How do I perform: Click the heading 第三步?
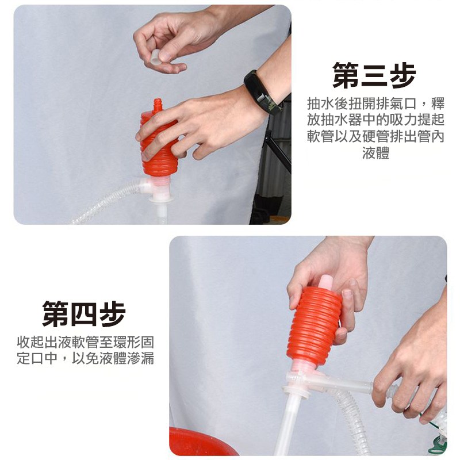point(374,75)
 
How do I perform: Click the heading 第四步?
point(84,313)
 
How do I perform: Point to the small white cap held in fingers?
point(155,56)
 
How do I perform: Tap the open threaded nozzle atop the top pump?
point(158,105)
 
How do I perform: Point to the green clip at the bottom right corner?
point(438,445)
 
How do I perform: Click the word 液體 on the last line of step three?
point(375,153)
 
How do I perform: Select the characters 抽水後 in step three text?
point(328,103)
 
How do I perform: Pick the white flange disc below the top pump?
point(161,200)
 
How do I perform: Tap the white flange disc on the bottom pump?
point(296,392)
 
